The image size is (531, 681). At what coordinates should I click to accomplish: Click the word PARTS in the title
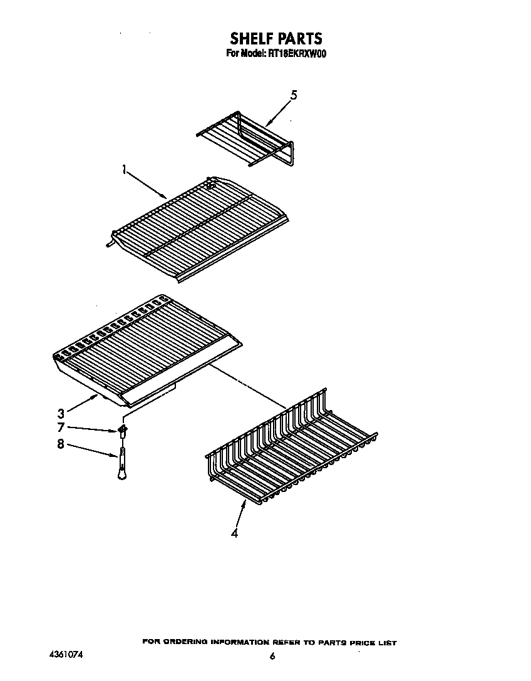point(297,39)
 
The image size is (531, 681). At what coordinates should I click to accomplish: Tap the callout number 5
point(294,95)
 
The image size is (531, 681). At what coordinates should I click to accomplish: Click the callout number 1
point(125,169)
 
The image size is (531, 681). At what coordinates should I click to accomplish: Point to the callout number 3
point(61,413)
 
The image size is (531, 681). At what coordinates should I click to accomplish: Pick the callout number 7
point(61,428)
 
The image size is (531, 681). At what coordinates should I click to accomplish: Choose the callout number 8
point(61,446)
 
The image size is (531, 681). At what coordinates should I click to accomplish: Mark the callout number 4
point(234,533)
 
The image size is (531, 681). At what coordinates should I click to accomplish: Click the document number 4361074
point(65,655)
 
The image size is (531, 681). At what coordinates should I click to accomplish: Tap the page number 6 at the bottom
point(272,656)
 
